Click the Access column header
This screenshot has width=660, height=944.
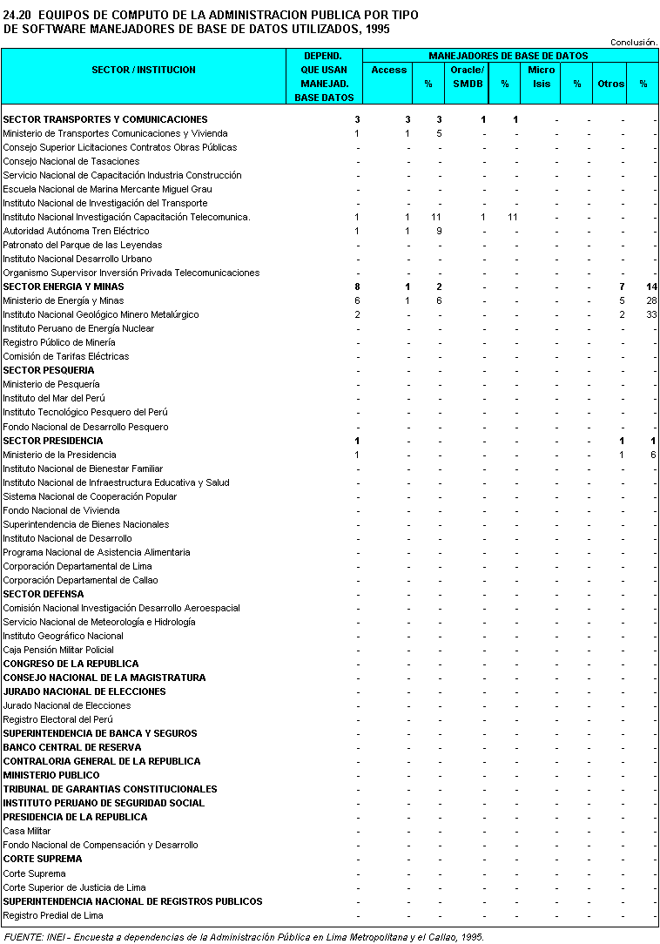click(x=388, y=70)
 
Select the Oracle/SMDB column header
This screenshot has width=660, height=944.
click(x=468, y=77)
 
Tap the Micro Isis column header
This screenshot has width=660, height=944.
click(x=542, y=77)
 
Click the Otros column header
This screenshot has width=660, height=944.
click(x=610, y=84)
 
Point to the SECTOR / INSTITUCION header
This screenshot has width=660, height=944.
click(x=144, y=70)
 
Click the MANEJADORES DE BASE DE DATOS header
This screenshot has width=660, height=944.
click(x=508, y=56)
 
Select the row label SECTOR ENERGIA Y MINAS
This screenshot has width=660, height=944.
click(x=64, y=287)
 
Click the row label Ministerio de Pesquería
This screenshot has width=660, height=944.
click(x=51, y=384)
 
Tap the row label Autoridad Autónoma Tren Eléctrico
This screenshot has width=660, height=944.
click(x=76, y=231)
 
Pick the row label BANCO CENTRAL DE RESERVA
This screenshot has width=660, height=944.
click(x=72, y=747)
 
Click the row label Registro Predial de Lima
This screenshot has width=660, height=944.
click(x=53, y=915)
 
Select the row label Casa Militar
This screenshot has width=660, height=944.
click(x=28, y=831)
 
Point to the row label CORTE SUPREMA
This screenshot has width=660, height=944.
click(x=43, y=859)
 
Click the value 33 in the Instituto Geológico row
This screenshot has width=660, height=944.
click(x=650, y=314)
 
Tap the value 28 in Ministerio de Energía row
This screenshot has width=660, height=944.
click(x=650, y=300)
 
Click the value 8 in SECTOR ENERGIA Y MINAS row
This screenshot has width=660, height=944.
click(x=357, y=287)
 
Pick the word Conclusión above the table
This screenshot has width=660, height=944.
click(x=634, y=42)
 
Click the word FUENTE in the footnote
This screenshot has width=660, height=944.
click(x=22, y=937)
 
